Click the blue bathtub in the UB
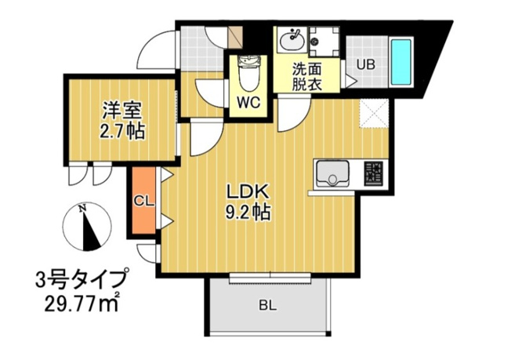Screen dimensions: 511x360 pos(401,62)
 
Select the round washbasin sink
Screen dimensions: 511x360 pos(292,40)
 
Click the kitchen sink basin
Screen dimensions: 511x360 pos(332,174)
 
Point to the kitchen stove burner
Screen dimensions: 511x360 pos(374,174)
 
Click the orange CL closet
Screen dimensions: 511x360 pos(143,201)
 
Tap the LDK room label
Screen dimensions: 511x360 pos(248,192)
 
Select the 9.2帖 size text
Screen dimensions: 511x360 pos(248,212)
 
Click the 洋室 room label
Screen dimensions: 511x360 pos(122,111)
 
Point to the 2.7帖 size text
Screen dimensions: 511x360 pos(122,131)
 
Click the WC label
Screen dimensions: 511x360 pos(248,103)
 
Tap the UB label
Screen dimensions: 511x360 pos(366,64)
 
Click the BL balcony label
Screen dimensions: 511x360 pos(268,306)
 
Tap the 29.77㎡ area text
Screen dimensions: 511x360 pos(82,304)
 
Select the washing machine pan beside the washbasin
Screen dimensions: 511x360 pos(324,42)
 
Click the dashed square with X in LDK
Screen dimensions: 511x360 pos(374,114)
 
